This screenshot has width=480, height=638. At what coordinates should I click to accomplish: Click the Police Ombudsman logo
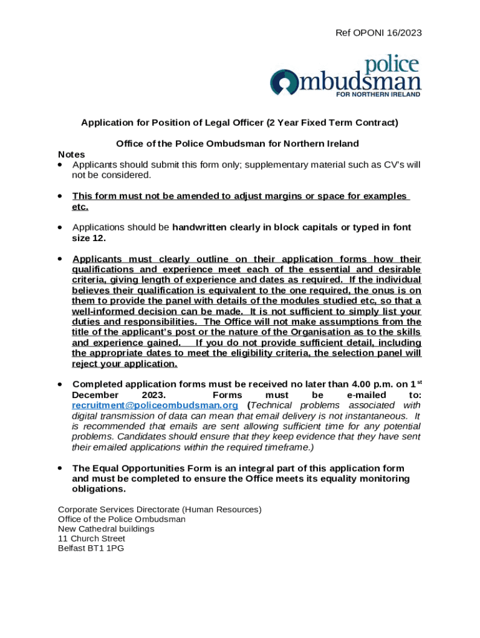pyautogui.click(x=345, y=77)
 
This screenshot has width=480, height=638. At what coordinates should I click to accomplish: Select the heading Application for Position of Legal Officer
pyautogui.click(x=239, y=123)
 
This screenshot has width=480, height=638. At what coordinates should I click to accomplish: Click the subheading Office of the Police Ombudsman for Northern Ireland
pyautogui.click(x=238, y=144)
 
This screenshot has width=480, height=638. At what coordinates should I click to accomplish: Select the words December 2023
pyautogui.click(x=119, y=395)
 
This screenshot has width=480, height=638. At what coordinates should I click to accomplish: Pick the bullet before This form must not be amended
pyautogui.click(x=60, y=196)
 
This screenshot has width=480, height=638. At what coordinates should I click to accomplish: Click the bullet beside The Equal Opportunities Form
pyautogui.click(x=60, y=468)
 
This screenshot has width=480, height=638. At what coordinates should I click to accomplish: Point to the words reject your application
pyautogui.click(x=125, y=364)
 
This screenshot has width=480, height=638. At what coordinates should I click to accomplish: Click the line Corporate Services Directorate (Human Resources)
pyautogui.click(x=160, y=510)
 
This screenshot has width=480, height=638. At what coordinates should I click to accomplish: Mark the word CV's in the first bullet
pyautogui.click(x=383, y=165)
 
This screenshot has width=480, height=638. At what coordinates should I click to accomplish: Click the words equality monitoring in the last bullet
pyautogui.click(x=356, y=478)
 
